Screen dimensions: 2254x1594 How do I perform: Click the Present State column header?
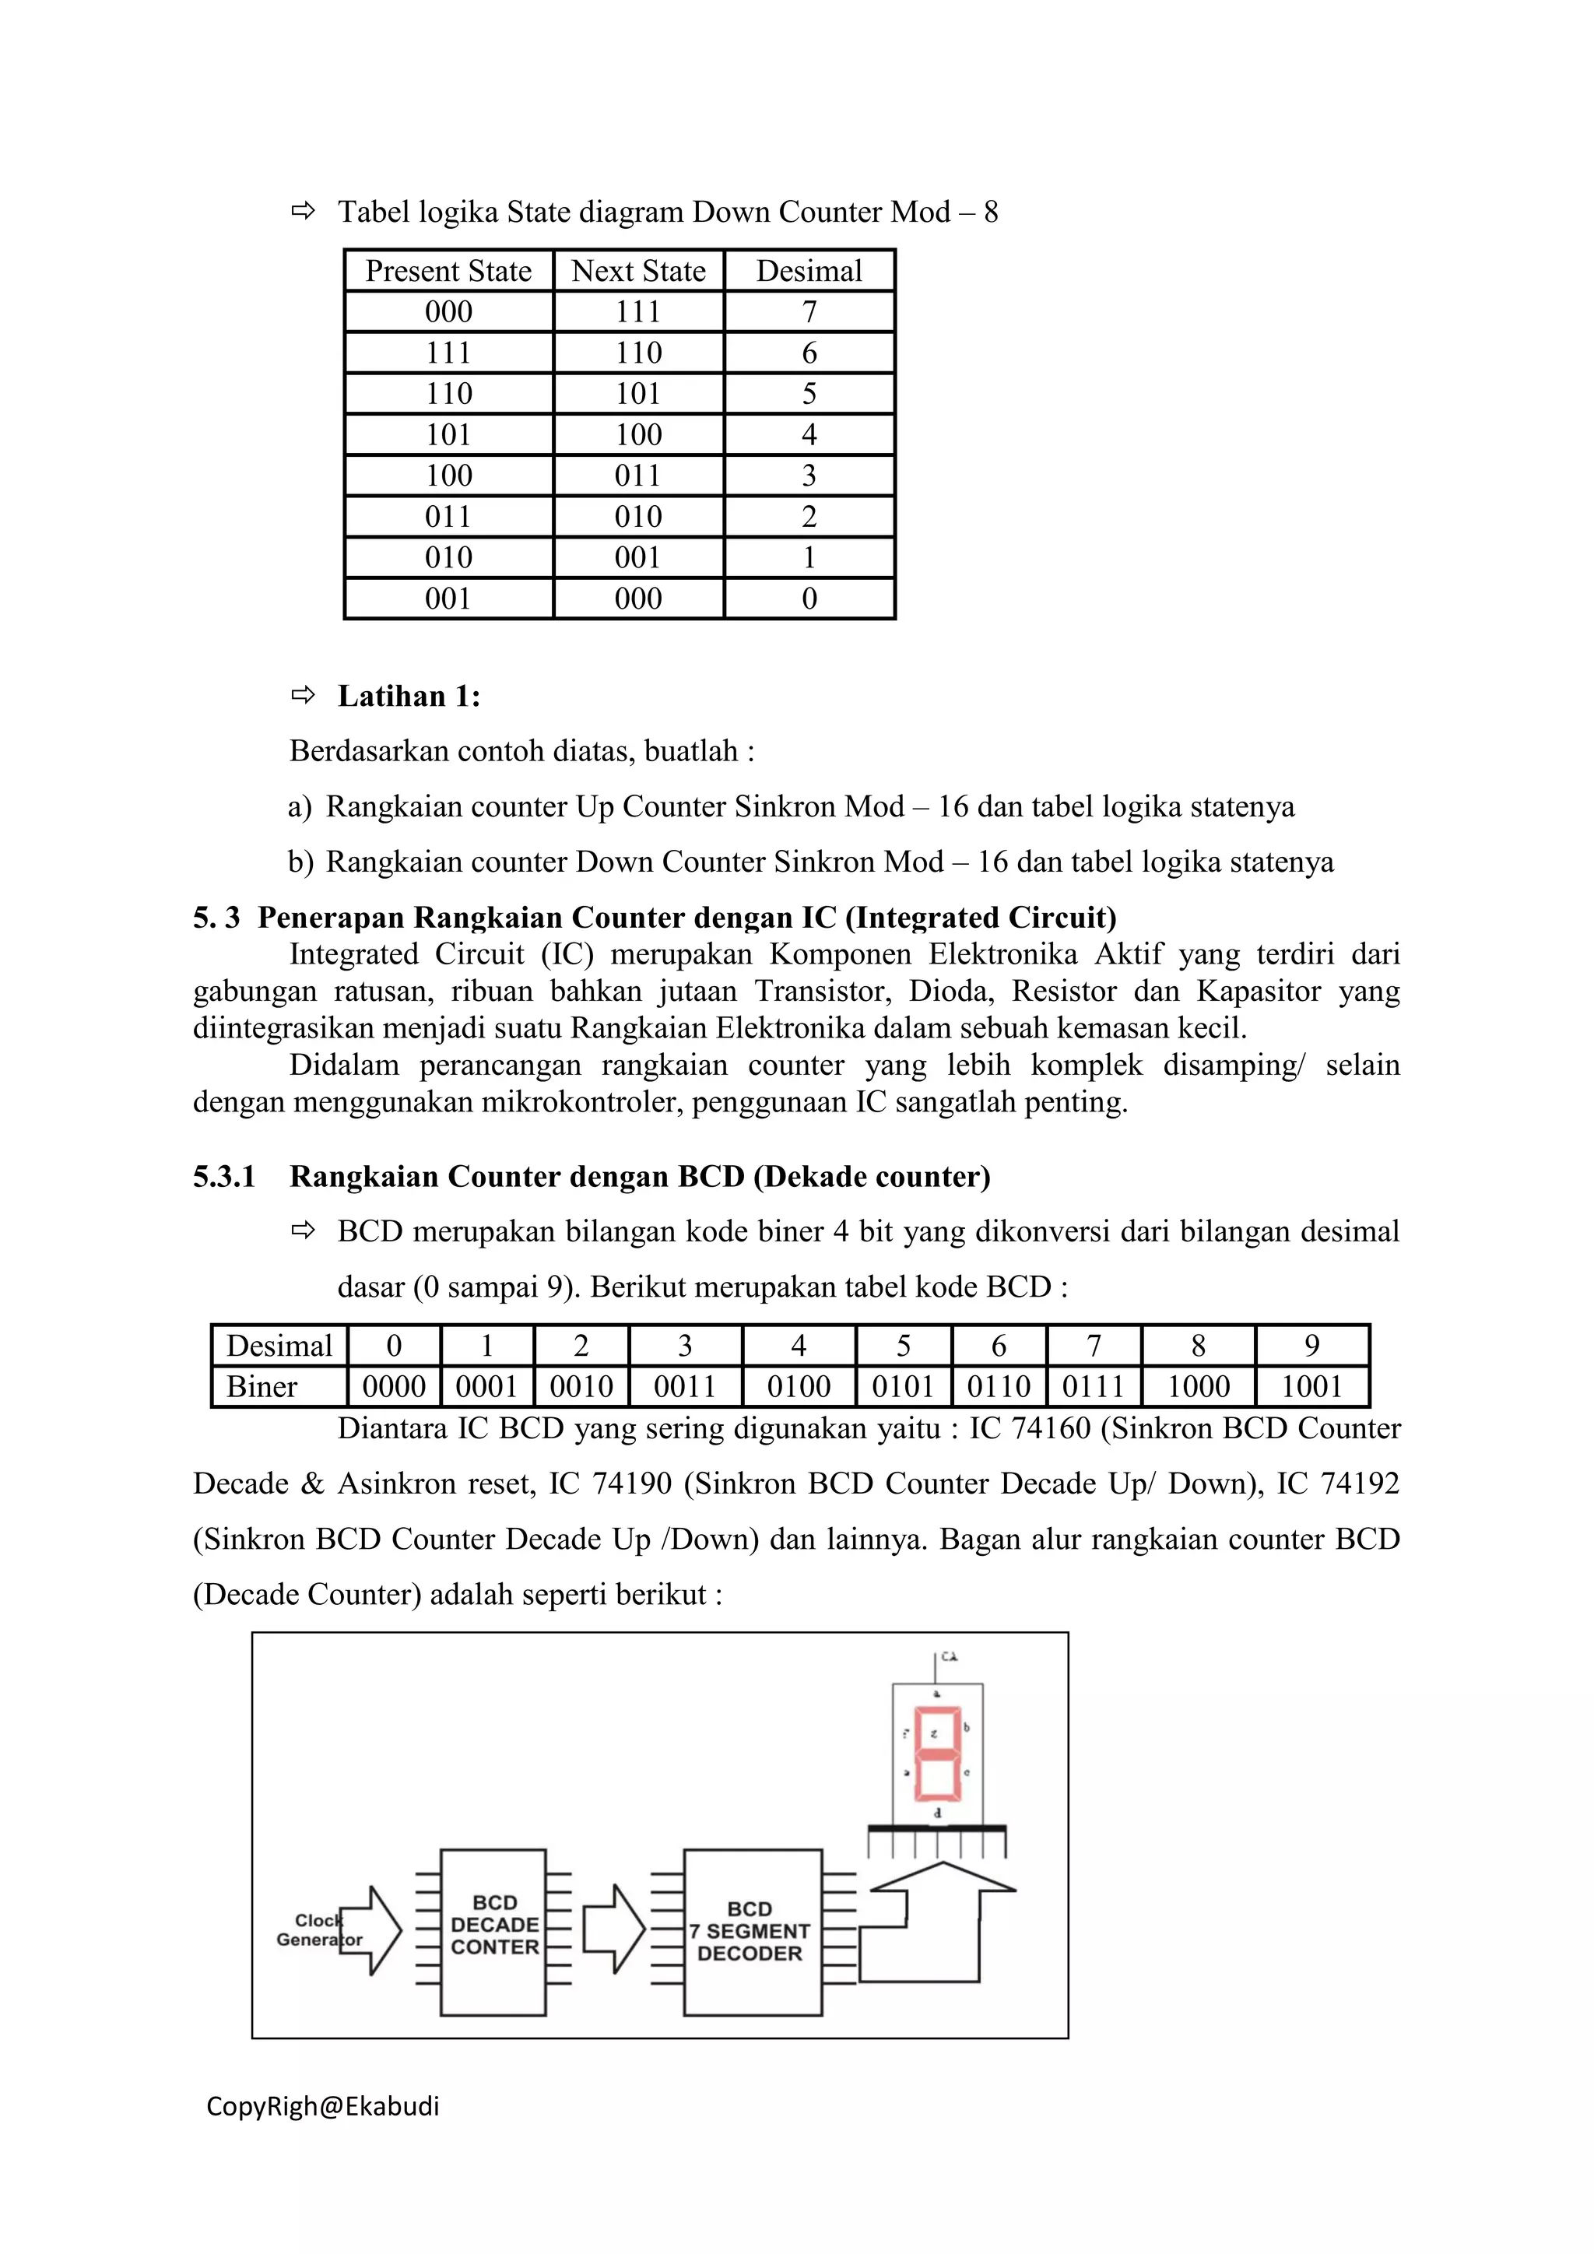point(448,271)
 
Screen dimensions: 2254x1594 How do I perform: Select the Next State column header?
point(638,271)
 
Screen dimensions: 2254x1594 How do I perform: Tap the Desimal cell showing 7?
point(809,312)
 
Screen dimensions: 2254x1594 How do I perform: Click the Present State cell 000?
point(448,312)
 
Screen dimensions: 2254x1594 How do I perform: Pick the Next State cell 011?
point(638,476)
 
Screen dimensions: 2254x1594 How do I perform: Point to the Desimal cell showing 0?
point(809,599)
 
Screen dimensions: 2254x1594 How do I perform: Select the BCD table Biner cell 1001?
point(1311,1387)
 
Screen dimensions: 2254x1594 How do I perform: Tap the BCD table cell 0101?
point(903,1387)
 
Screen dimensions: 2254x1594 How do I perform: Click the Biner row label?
point(262,1387)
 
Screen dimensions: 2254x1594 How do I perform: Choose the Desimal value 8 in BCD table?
point(1198,1346)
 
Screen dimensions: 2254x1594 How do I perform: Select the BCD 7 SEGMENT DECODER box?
point(751,1932)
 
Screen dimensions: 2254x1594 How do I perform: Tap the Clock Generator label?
point(319,1930)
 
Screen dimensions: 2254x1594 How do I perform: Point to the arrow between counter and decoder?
point(613,1930)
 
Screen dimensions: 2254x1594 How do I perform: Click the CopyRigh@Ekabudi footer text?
point(323,2107)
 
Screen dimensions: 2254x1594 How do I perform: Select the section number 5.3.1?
point(224,1176)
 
